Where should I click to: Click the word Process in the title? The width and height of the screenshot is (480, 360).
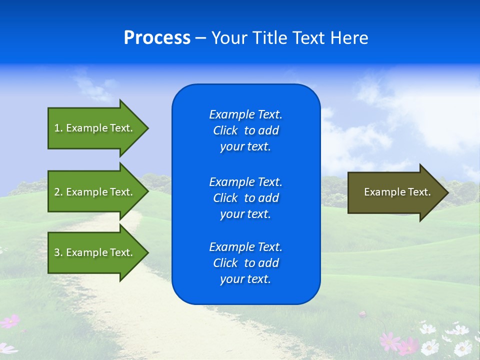(x=157, y=38)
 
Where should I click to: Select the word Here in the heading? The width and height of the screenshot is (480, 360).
(x=348, y=38)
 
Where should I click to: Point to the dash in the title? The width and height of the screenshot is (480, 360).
(x=200, y=38)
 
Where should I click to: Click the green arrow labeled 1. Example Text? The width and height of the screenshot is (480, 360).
(x=95, y=128)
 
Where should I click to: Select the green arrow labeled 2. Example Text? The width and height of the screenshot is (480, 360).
(x=95, y=192)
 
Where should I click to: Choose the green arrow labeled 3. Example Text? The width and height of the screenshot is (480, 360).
(x=95, y=252)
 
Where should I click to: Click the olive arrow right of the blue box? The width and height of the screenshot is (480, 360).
(x=395, y=192)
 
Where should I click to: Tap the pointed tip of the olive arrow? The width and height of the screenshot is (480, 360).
(x=447, y=192)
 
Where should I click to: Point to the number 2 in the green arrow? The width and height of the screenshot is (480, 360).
(x=57, y=192)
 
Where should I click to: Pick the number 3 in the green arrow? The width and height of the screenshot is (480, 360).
(x=57, y=252)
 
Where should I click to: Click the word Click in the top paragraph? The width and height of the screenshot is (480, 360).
(x=225, y=131)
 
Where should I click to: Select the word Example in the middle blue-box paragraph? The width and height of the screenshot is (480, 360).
(x=231, y=182)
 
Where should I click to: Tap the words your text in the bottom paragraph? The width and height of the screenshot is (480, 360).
(x=245, y=279)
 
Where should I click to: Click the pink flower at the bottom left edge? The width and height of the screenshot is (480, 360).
(x=9, y=321)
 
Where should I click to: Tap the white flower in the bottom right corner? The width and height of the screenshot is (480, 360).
(x=462, y=347)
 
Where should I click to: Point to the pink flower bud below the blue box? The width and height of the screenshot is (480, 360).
(x=362, y=314)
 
